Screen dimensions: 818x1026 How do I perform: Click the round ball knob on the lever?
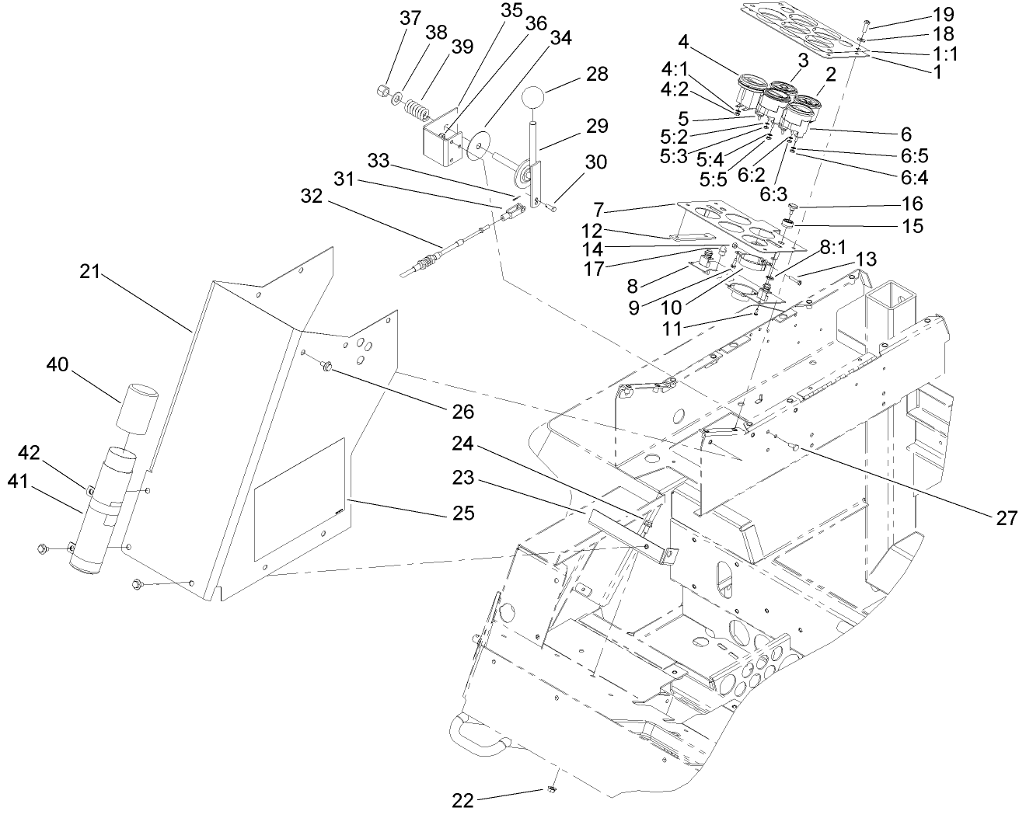coord(533,98)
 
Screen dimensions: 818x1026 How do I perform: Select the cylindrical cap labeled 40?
coord(137,404)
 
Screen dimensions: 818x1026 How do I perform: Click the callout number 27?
coord(1007,519)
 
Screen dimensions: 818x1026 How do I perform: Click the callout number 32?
coord(314,195)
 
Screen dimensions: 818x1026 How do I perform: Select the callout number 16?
coord(913,204)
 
